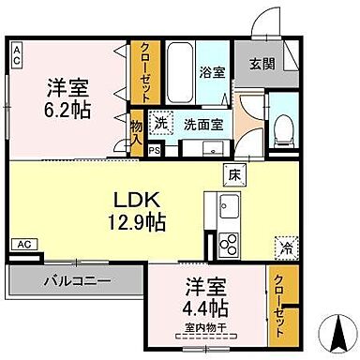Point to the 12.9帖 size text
(141, 224)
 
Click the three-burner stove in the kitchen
(229, 243)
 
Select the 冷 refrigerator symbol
(284, 248)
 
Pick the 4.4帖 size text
(205, 307)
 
